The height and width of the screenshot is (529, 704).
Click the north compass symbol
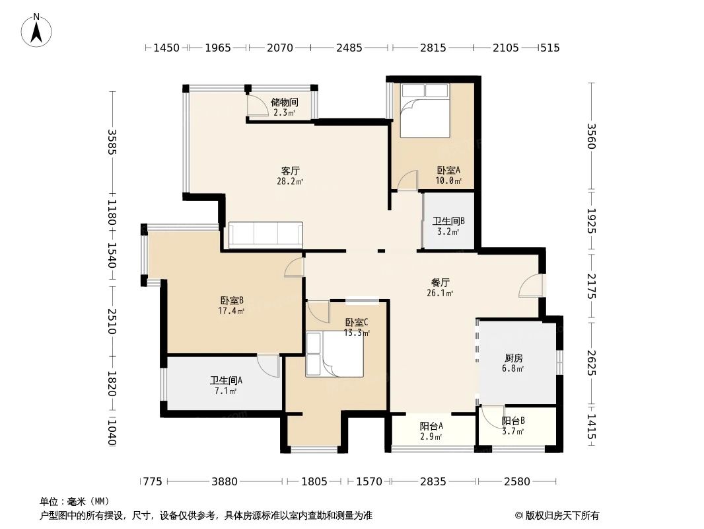point(38,30)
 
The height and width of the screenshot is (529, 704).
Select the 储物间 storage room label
point(285,102)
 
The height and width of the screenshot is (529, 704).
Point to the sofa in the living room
point(265,235)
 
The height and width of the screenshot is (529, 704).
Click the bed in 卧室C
point(335,354)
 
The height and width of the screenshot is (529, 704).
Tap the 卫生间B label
point(449,222)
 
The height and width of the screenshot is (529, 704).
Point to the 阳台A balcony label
point(431,427)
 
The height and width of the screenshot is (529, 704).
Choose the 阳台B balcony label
point(513,421)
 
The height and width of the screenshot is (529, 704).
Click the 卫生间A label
point(226,381)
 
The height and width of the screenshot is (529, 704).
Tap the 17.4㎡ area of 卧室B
point(232,310)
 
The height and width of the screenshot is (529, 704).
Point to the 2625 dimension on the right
point(591,362)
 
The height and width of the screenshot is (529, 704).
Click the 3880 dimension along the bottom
point(225,481)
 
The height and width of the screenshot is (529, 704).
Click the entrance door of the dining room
point(531,286)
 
